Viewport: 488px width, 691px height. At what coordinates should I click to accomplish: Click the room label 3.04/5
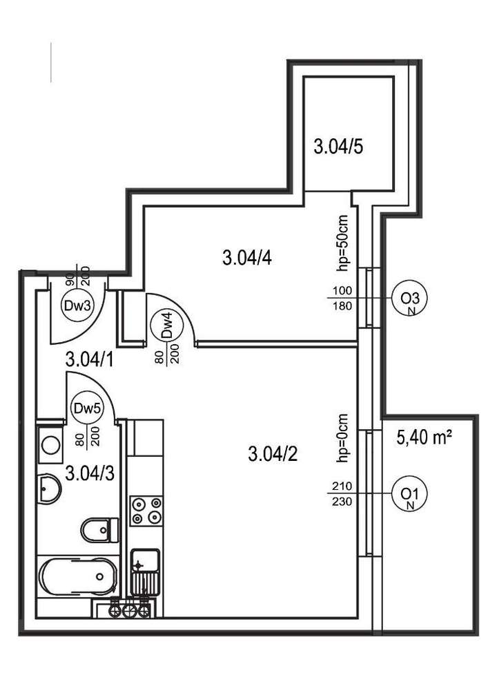click(338, 146)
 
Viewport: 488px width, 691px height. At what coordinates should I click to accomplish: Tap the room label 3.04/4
click(246, 258)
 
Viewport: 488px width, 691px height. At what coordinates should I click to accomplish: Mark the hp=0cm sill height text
click(343, 438)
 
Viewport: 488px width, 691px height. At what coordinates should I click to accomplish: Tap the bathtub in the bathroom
click(75, 575)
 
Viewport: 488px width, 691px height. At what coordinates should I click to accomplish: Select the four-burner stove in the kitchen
click(147, 510)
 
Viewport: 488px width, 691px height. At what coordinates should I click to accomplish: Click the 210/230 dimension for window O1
click(342, 494)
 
